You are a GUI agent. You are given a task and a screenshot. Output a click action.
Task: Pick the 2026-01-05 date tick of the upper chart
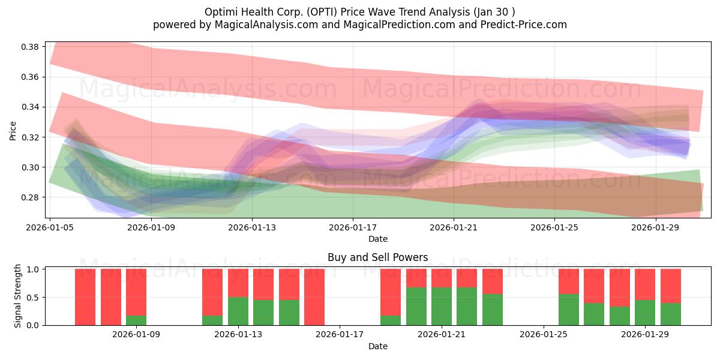click(50, 227)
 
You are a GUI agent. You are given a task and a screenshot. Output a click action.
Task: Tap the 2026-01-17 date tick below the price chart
click(352, 227)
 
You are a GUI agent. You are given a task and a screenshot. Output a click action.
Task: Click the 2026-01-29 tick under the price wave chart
click(655, 227)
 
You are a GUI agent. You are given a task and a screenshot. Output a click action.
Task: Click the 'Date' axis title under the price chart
click(378, 239)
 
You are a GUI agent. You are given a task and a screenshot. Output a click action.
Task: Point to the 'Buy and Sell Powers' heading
click(378, 257)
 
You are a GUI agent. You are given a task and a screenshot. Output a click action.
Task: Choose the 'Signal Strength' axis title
click(18, 296)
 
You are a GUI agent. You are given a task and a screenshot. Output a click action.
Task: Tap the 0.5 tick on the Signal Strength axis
click(34, 297)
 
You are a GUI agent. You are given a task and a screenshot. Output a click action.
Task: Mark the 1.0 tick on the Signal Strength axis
click(34, 269)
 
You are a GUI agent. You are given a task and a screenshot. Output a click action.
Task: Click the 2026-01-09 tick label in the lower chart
click(136, 334)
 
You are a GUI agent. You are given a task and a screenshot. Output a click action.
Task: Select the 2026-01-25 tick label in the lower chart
click(544, 334)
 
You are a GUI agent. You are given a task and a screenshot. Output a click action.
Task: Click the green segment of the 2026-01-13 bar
click(238, 311)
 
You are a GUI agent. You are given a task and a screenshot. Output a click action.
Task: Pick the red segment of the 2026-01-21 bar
click(442, 278)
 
